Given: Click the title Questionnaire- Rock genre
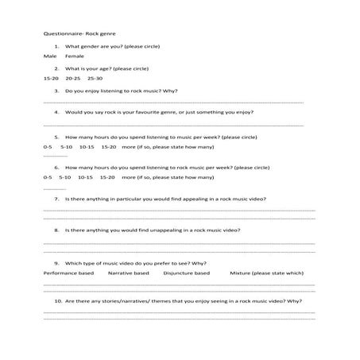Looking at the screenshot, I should (73, 35).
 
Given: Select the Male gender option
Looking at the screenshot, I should (50, 57).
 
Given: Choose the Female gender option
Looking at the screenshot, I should (75, 57).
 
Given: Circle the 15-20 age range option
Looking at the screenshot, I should (51, 79).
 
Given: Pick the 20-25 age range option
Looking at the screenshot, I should (73, 79).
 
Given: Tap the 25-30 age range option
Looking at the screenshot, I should (95, 79).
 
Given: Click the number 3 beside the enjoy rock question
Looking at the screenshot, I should (56, 91).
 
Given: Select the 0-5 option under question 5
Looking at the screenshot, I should (48, 147).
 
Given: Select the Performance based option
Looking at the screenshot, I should (68, 273).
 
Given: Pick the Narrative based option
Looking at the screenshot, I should (129, 273).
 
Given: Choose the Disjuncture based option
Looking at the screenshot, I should (187, 273).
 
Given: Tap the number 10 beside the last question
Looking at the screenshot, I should (58, 302).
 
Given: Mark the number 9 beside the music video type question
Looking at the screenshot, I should (56, 262).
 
